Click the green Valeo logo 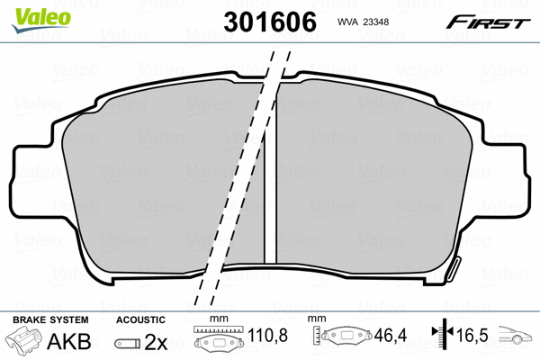pyautogui.click(x=40, y=20)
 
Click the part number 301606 pyautogui.click(x=270, y=22)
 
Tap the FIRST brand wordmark pyautogui.click(x=489, y=22)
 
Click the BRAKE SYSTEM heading pyautogui.click(x=50, y=320)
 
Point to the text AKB pyautogui.click(x=69, y=341)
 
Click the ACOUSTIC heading pyautogui.click(x=140, y=320)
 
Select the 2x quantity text pyautogui.click(x=156, y=342)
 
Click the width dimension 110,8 pyautogui.click(x=267, y=335)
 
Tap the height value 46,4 pyautogui.click(x=391, y=335)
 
